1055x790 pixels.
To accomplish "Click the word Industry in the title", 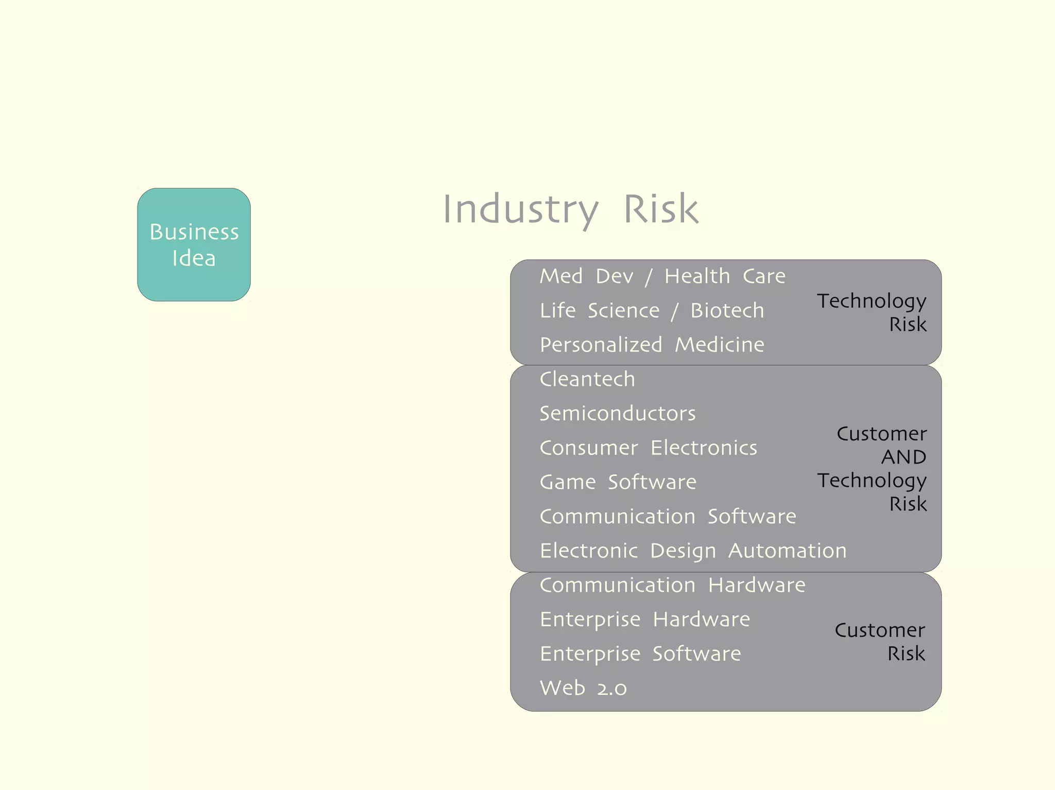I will [520, 209].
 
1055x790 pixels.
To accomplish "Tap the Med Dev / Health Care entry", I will [662, 276].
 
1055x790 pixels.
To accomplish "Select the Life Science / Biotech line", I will [652, 310].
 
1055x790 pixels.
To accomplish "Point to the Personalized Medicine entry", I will [652, 345].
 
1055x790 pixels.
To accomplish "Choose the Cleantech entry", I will [587, 379].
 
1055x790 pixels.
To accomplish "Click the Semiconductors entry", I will [617, 413].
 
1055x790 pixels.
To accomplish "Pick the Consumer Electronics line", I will [648, 448].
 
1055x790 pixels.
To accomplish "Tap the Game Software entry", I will [618, 482].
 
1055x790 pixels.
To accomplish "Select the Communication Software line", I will [668, 516].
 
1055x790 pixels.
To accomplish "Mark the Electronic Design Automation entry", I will [693, 551].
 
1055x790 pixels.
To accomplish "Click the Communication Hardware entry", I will [672, 585].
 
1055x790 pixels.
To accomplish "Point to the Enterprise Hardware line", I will [644, 620].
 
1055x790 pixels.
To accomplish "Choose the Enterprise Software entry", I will [640, 654].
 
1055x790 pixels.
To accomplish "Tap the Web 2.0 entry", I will [583, 688].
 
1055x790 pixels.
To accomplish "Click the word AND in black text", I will [904, 457].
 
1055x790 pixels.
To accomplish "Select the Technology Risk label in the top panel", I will [872, 312].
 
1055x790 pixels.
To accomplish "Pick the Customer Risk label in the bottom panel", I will [880, 642].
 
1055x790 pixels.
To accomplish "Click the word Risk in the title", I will [661, 209].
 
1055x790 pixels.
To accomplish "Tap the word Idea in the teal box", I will [194, 258].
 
